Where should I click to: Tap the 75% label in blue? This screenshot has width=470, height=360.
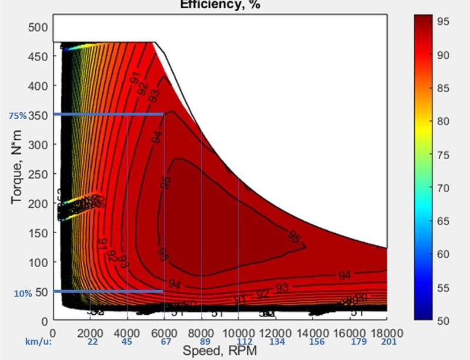click(x=17, y=116)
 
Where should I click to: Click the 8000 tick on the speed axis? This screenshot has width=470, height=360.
click(x=202, y=331)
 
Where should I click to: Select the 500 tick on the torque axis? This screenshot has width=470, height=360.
click(x=38, y=26)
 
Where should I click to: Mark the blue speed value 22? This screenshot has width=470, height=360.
click(x=92, y=342)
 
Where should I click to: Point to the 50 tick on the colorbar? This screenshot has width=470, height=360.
click(x=444, y=321)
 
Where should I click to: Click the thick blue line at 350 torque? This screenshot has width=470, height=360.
click(x=108, y=114)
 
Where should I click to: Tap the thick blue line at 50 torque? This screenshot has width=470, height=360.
click(x=108, y=291)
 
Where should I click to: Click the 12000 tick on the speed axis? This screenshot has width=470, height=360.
click(x=276, y=331)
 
